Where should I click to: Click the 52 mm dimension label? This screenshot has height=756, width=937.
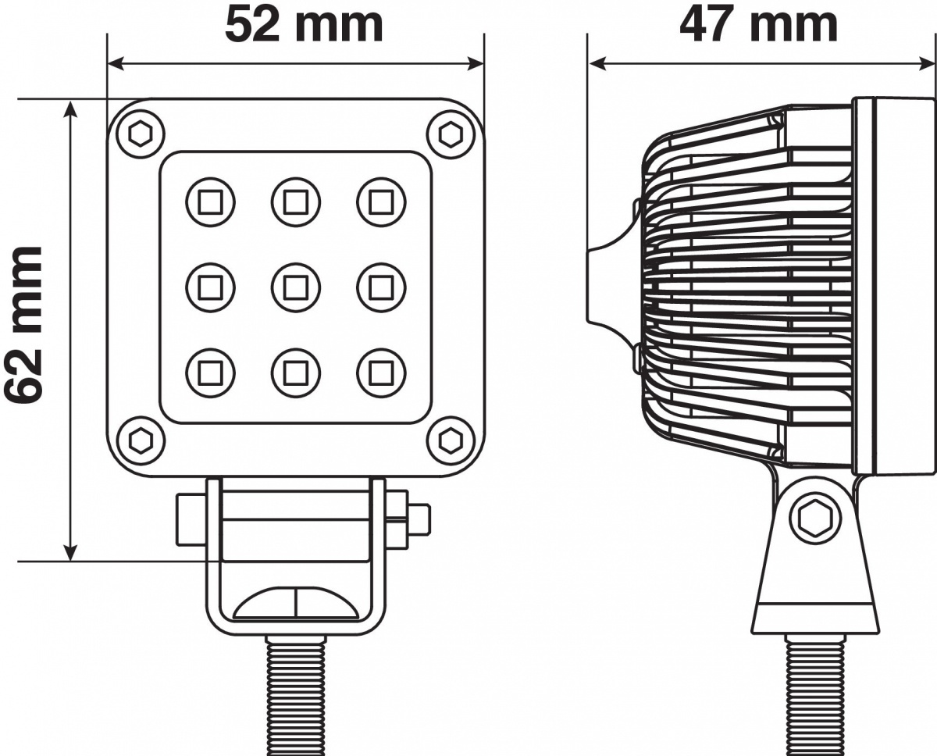tap(304, 25)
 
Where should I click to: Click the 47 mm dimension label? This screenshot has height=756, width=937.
tap(758, 25)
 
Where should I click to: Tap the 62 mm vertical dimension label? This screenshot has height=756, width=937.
tap(24, 325)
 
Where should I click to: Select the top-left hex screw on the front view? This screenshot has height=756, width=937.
tap(141, 134)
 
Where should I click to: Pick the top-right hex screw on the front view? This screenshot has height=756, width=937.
tap(451, 134)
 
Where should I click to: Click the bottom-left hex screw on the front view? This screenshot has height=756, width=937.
tap(141, 440)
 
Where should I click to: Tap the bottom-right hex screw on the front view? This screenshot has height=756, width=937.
tap(451, 440)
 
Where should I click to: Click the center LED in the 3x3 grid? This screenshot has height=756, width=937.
tap(296, 288)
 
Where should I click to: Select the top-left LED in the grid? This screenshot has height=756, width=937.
tap(210, 202)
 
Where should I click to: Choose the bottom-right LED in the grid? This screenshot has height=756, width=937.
tap(381, 373)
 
